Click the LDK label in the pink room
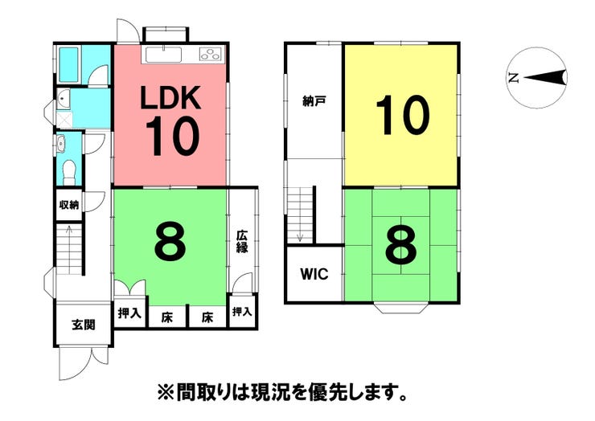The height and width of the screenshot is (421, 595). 170,98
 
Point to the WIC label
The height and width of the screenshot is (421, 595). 314,274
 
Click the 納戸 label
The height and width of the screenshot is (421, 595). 314,102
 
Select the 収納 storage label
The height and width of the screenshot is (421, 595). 69,204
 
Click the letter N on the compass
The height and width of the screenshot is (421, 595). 513,78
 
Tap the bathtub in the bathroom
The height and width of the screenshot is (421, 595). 69,61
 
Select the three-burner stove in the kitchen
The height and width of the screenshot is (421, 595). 209,55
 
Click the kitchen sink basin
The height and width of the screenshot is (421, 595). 165,54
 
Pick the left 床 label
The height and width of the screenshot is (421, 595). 166,317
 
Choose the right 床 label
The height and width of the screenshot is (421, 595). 207,317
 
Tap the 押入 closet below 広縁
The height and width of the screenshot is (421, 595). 242,312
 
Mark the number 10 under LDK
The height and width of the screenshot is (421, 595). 171,138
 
